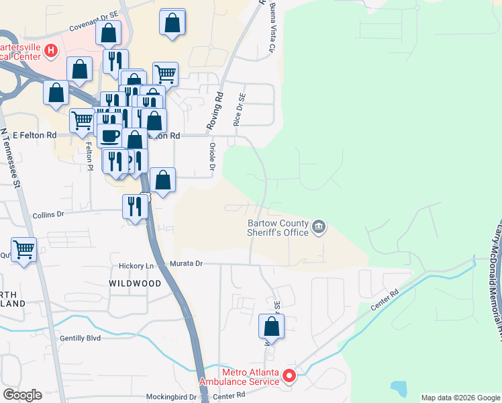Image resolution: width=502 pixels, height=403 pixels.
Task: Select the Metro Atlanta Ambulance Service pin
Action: tap(289, 375)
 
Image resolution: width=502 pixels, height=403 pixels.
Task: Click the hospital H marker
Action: tap(51, 50)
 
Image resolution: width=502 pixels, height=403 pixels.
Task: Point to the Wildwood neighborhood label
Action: tap(135, 283)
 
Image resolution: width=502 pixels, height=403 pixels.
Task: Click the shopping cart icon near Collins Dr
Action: tap(24, 249)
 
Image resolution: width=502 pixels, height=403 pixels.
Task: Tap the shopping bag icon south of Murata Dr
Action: tap(271, 327)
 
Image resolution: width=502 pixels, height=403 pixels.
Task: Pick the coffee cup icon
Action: tap(110, 136)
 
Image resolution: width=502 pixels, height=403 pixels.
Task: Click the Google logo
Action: tap(22, 395)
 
